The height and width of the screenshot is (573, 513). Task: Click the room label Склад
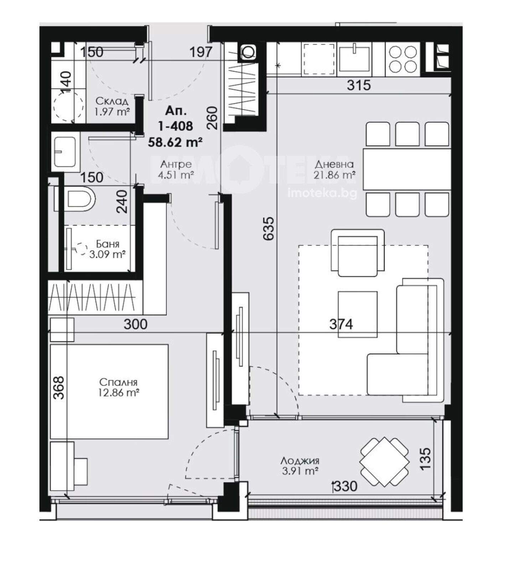[x=112, y=101]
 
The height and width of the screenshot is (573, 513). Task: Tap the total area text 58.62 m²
[x=175, y=142]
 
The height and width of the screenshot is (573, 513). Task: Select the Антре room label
[x=176, y=164]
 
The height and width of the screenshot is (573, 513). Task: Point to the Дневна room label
[x=334, y=164]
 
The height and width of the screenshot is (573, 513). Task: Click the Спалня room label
[x=118, y=382]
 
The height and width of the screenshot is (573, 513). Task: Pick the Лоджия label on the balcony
[x=300, y=461]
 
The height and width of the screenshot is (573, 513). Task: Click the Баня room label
[x=108, y=244]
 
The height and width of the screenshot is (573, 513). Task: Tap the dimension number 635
[x=269, y=228]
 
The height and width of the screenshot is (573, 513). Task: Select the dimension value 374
[x=341, y=324]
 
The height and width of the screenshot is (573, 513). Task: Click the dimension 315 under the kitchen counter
[x=359, y=85]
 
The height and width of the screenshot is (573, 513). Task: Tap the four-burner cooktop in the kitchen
[x=403, y=59]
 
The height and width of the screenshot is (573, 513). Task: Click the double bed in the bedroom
[x=109, y=391]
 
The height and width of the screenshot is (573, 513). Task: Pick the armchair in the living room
[x=358, y=253]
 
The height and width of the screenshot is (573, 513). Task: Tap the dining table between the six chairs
[x=407, y=169]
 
